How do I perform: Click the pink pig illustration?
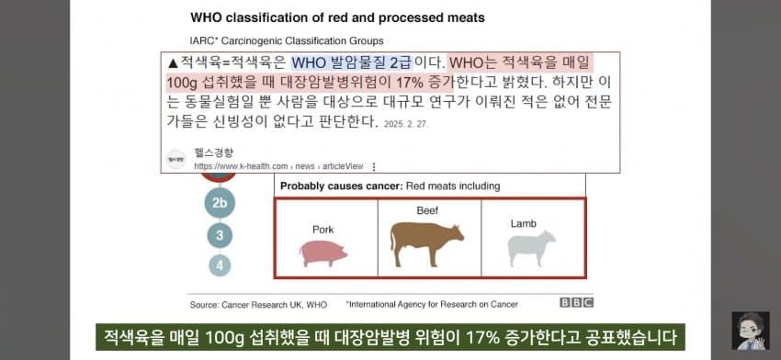pos(323,253)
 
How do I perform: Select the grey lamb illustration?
pos(531,248)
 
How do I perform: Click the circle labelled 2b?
pos(220,203)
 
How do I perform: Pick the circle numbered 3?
pos(220,235)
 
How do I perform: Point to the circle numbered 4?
pos(220,264)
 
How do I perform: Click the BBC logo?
pos(576,303)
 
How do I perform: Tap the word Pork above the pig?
pos(323,230)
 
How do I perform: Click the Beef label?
pos(427,210)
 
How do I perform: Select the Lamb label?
pos(523,223)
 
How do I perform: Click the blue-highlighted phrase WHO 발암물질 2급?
pos(351,62)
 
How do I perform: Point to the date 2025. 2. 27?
pos(405,124)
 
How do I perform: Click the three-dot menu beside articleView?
pos(374,167)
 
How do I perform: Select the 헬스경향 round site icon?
pos(175,159)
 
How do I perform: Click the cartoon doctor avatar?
pos(751,331)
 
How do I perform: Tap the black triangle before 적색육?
pos(173,63)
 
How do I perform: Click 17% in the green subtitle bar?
pos(482,338)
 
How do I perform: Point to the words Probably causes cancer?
pos(341,186)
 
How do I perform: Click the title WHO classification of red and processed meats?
pos(338,18)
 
